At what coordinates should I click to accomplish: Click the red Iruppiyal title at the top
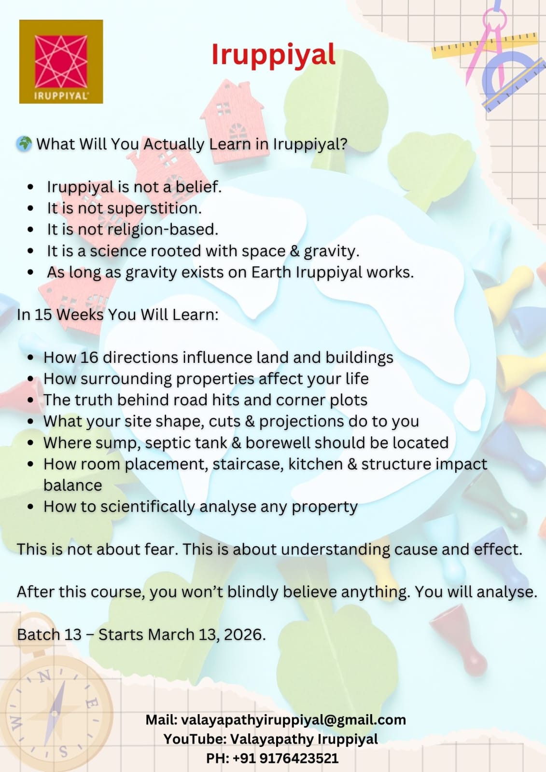(273, 55)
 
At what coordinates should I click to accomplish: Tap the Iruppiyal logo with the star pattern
(61, 62)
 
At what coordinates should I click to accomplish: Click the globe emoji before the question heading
(24, 144)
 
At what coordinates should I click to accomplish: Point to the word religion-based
(162, 230)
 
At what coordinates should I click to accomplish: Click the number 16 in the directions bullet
(89, 358)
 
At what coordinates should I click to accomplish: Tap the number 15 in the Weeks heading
(43, 315)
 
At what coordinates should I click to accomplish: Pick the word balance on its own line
(73, 485)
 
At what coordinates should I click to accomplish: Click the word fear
(159, 550)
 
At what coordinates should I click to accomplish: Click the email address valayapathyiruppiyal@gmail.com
(293, 720)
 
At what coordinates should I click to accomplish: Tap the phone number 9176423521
(299, 758)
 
